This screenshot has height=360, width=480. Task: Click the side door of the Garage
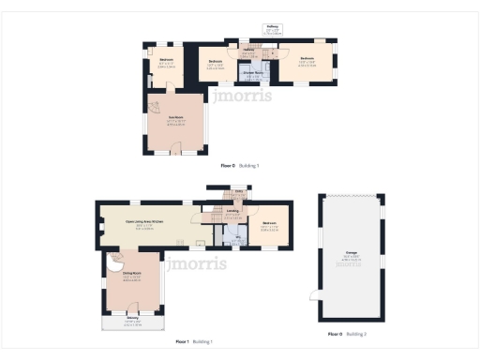tap(315, 297)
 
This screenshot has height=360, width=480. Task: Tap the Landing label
tap(232, 212)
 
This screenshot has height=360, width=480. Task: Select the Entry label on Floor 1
tap(240, 191)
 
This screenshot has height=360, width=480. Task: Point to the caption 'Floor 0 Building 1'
tap(239, 165)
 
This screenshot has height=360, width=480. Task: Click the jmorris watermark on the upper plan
tap(242, 95)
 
